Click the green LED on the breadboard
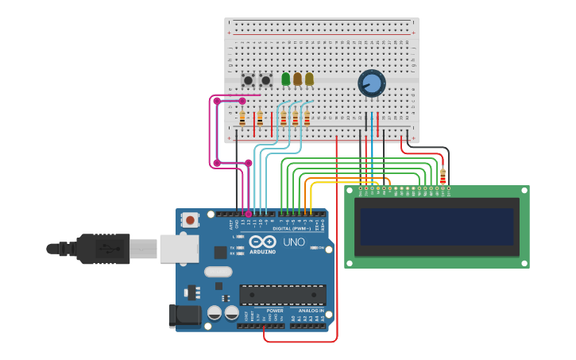(286, 79)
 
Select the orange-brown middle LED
(298, 79)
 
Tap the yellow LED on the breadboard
(309, 79)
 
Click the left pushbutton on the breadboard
(248, 80)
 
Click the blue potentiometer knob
(371, 83)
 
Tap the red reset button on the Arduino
(190, 219)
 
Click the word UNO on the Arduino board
(294, 242)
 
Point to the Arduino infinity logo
(262, 242)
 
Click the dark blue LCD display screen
(437, 226)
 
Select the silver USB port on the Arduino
(179, 248)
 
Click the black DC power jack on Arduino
(185, 315)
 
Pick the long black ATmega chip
(282, 295)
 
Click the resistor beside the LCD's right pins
(443, 176)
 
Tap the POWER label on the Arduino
(264, 311)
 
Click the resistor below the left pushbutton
(242, 119)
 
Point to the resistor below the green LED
(284, 119)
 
